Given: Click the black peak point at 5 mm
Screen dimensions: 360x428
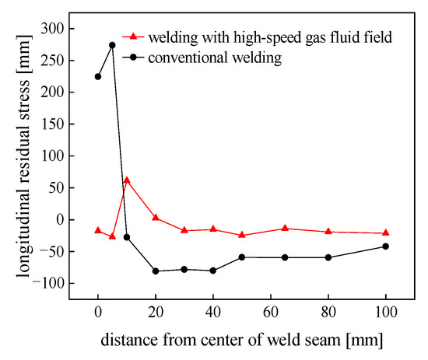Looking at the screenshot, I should tap(112, 45).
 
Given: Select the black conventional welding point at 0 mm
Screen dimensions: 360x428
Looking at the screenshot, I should tap(98, 76).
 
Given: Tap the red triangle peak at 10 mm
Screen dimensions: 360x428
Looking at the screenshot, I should tap(127, 180).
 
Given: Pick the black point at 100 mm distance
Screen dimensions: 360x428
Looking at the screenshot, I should tap(386, 246).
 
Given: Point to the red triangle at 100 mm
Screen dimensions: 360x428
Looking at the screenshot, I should tap(386, 233).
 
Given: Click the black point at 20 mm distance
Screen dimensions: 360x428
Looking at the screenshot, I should tap(156, 271).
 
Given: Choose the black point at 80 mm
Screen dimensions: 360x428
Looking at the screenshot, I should tap(328, 257).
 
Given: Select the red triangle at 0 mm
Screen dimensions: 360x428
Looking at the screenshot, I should tap(98, 230).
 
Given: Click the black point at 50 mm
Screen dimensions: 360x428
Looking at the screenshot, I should tap(242, 257).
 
